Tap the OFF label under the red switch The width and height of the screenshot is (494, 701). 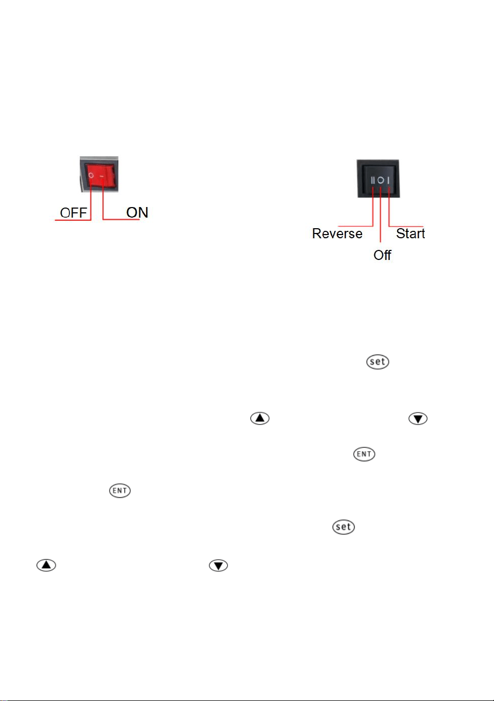(73, 213)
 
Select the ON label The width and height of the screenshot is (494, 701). (137, 212)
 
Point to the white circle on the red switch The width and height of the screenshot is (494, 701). (91, 175)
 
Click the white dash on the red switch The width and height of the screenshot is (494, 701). (102, 176)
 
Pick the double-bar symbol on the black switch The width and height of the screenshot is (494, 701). (373, 180)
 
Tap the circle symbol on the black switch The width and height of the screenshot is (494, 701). (381, 180)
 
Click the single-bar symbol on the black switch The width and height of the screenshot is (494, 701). (389, 180)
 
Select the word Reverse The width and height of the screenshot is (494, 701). (337, 234)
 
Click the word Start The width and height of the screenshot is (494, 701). (410, 233)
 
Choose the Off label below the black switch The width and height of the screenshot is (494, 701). (382, 255)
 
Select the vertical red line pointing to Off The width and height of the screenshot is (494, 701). (380, 214)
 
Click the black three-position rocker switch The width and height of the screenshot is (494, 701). (378, 179)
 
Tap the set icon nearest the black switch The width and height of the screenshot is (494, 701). (378, 362)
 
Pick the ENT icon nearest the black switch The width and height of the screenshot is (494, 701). (364, 454)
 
